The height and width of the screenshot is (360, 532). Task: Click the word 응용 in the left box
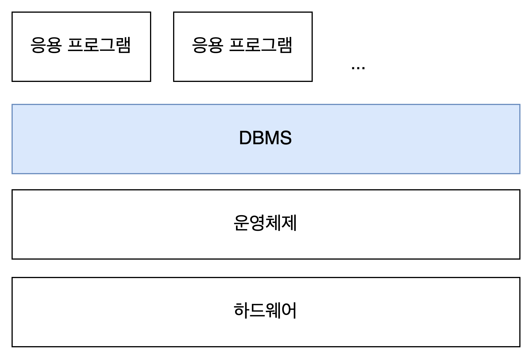click(46, 45)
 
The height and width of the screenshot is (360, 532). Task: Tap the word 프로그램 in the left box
click(99, 45)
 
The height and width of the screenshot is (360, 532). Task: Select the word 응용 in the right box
click(207, 45)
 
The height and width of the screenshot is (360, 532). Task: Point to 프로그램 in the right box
click(261, 45)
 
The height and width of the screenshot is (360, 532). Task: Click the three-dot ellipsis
click(358, 68)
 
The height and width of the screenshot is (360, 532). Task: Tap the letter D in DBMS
click(246, 138)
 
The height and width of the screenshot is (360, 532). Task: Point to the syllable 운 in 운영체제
click(241, 223)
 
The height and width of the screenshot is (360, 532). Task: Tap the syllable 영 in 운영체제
click(257, 223)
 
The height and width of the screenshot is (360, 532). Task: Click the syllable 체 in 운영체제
click(273, 223)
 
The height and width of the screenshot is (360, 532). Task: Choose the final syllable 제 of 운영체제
click(289, 223)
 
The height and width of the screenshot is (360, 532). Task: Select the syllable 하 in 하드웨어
click(241, 311)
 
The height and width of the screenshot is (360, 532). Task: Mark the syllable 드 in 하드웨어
click(257, 311)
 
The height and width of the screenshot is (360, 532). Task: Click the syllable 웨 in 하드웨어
click(273, 311)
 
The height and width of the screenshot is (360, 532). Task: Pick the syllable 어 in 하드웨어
click(289, 311)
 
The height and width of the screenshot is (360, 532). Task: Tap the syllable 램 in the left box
click(123, 45)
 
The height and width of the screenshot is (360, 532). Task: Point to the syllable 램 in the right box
click(285, 45)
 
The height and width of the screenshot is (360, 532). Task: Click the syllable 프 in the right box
click(237, 45)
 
